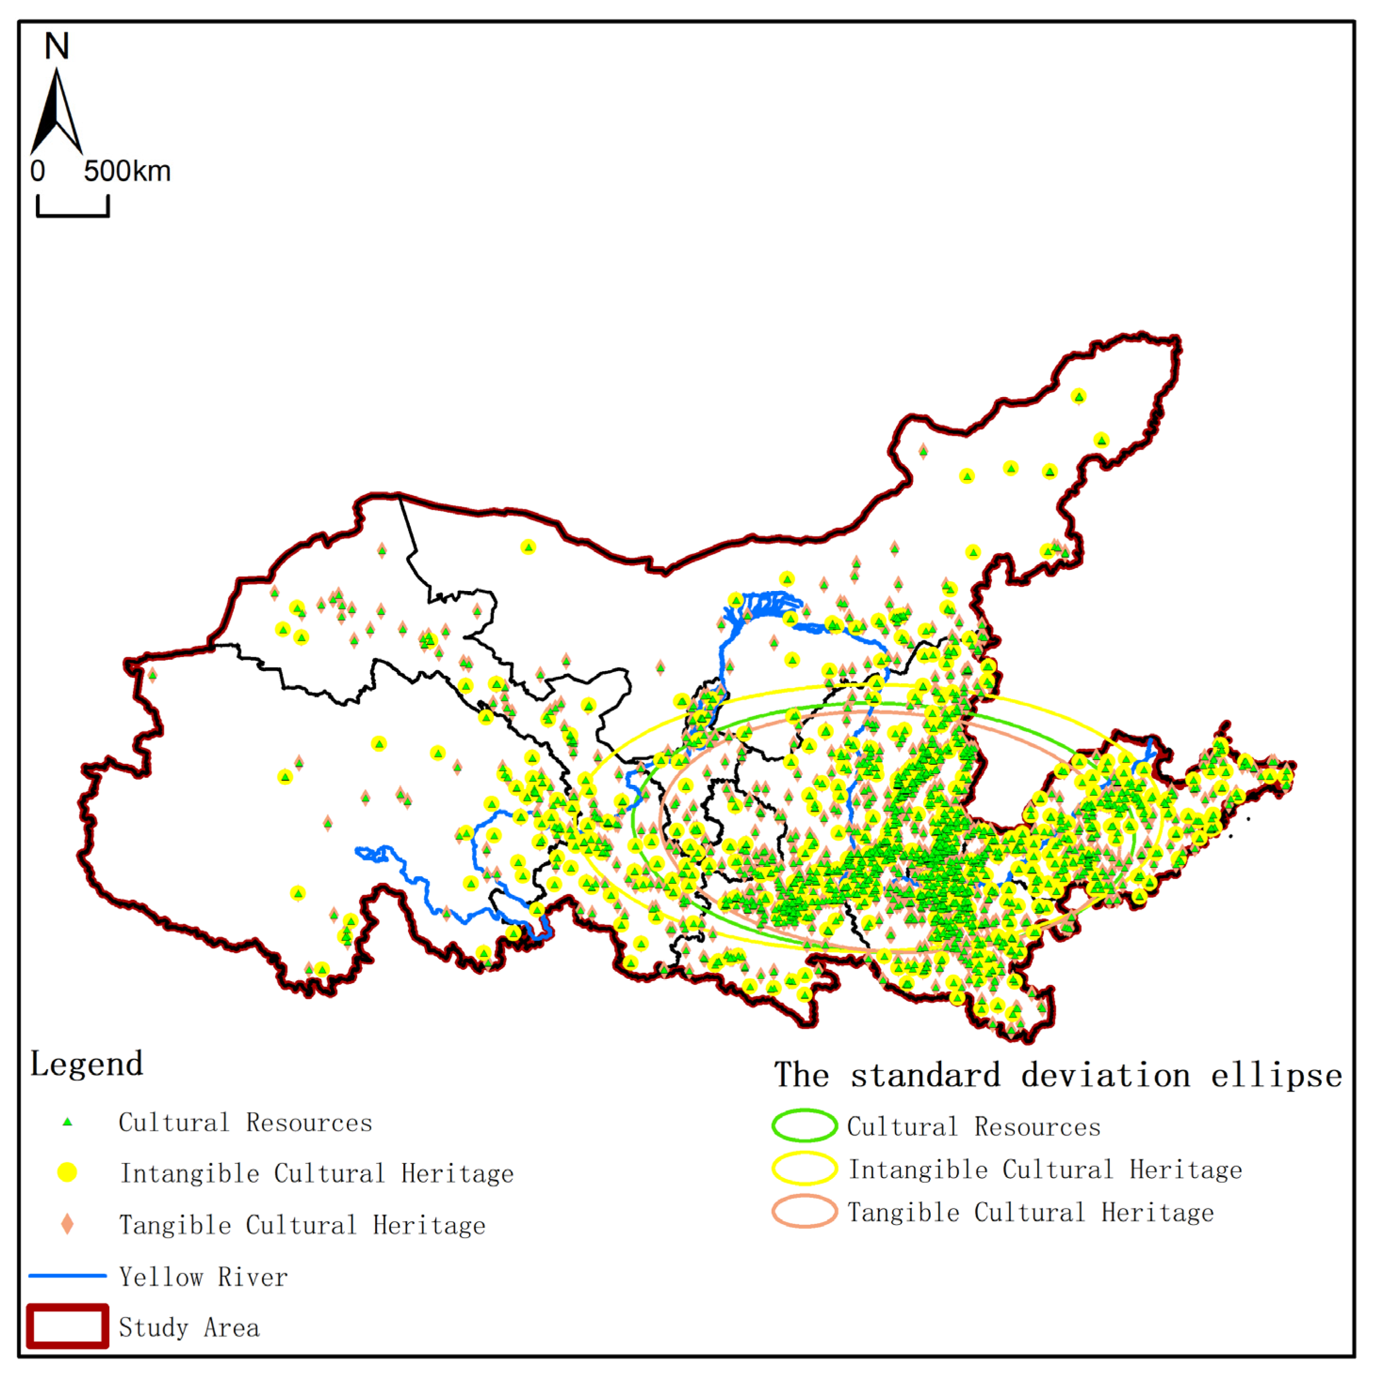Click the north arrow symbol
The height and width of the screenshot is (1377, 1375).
[x=56, y=114]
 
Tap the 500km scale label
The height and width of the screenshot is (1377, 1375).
[x=127, y=172]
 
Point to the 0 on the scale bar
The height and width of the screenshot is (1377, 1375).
[x=38, y=172]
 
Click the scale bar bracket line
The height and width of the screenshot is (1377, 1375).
[x=73, y=214]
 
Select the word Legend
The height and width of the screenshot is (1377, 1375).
[x=86, y=1064]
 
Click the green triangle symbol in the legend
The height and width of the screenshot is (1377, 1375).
[x=68, y=1122]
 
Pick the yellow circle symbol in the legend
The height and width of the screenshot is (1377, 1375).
[x=67, y=1172]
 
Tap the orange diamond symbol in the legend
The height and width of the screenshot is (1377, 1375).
[x=67, y=1225]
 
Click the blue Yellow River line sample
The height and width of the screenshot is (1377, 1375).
[x=68, y=1276]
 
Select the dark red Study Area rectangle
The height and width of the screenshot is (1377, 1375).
[x=68, y=1326]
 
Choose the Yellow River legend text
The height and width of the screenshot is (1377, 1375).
[x=203, y=1276]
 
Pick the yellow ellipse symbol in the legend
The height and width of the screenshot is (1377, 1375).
[x=804, y=1169]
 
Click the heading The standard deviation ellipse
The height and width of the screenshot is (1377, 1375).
[x=1058, y=1075]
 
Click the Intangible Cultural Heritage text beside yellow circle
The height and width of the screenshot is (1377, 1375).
[x=317, y=1174]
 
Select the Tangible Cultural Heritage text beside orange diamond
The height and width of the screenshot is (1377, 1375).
[x=302, y=1225]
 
